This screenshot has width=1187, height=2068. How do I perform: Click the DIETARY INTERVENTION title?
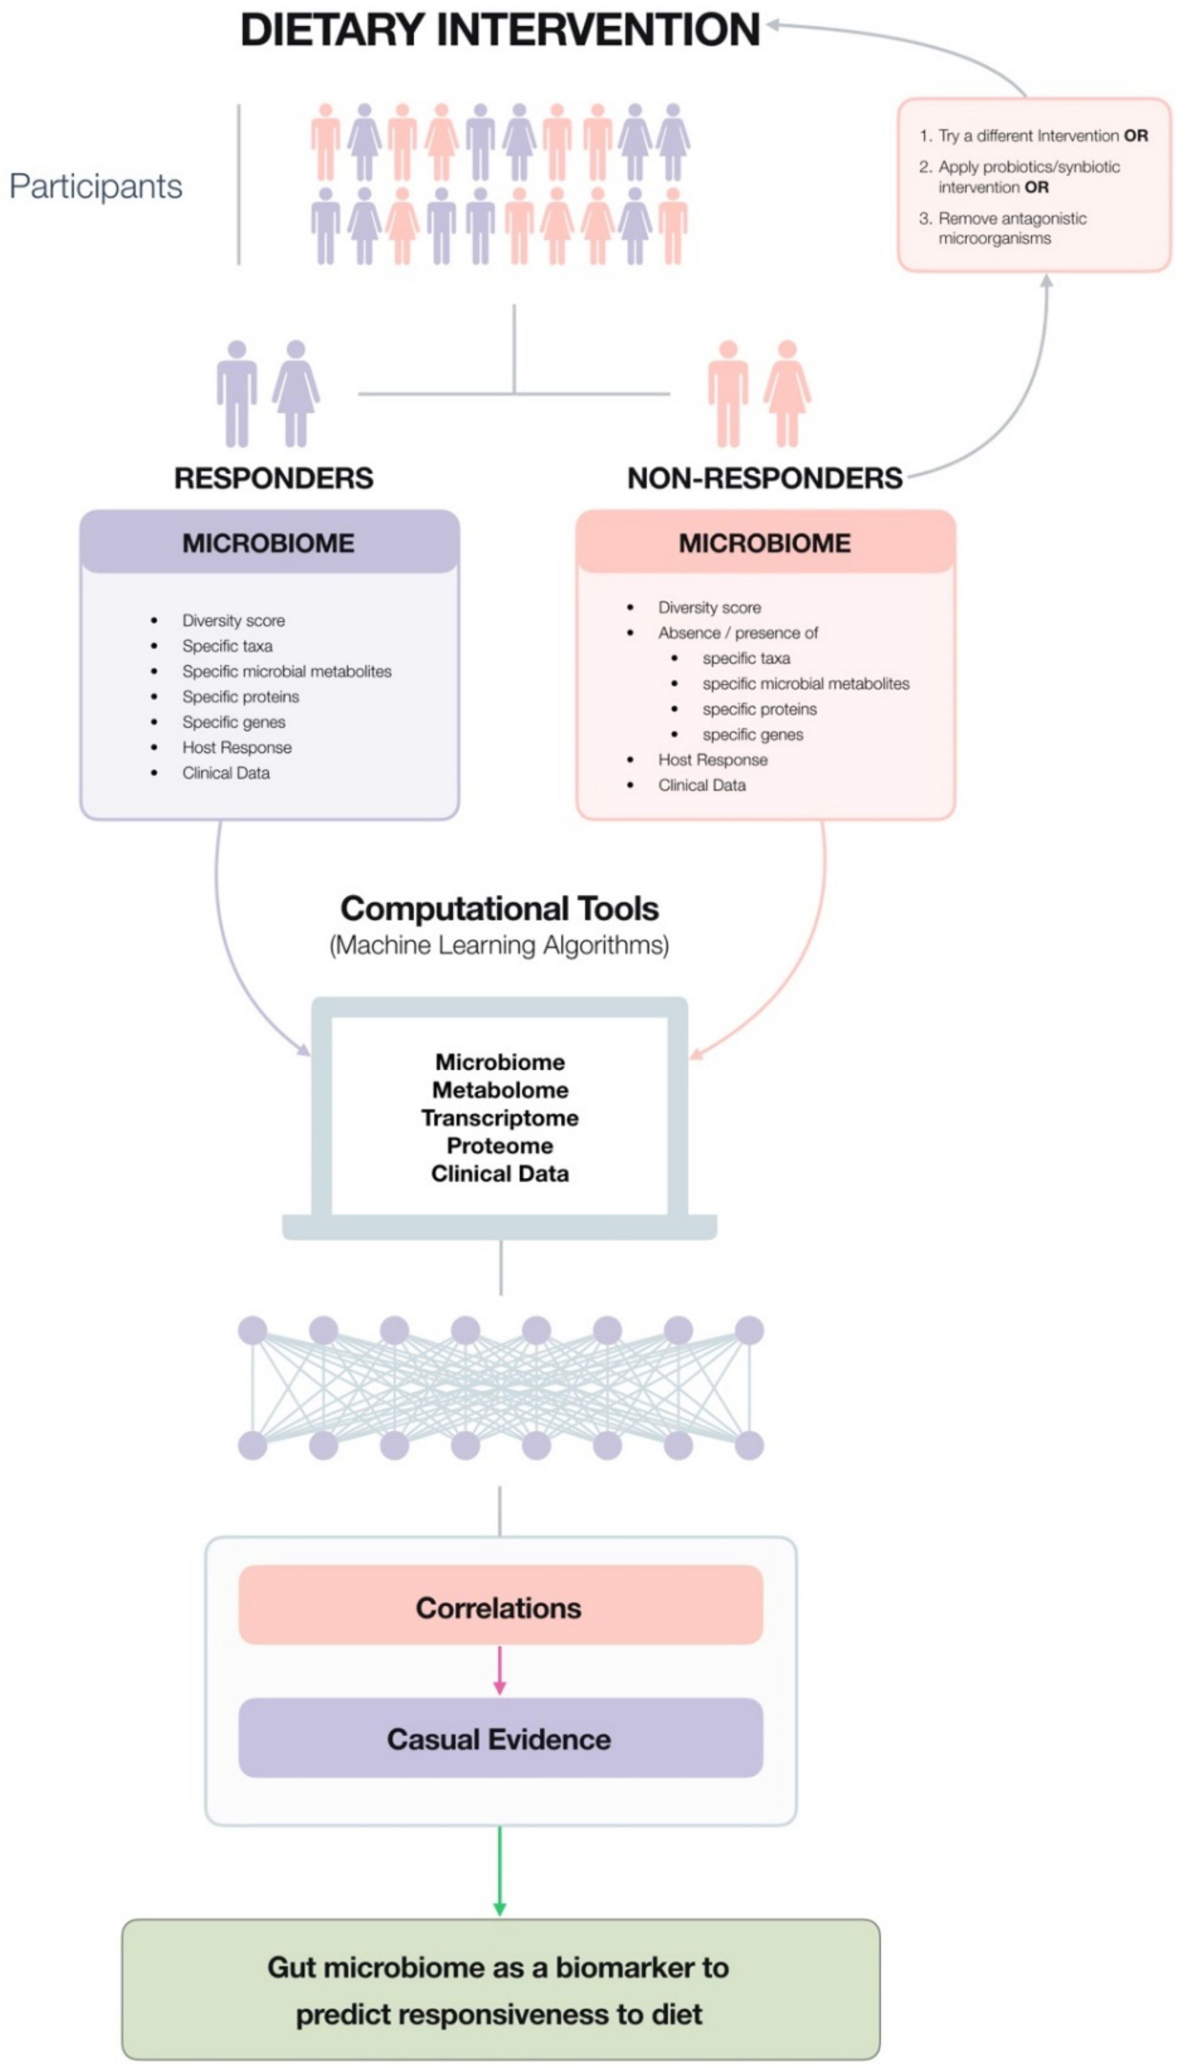coord(499,30)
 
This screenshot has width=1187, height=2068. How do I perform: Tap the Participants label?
coord(96,187)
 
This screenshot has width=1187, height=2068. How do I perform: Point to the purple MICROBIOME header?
coord(269,543)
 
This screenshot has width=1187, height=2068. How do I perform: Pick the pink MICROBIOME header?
coord(765,543)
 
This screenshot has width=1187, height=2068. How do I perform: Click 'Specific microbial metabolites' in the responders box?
coord(286,671)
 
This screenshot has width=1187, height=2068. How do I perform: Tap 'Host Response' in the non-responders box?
coord(712,760)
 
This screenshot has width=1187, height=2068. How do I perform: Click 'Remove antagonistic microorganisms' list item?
coord(1011,228)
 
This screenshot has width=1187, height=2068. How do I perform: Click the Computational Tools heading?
coord(499,908)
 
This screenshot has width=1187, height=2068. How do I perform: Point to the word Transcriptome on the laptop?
coord(500,1117)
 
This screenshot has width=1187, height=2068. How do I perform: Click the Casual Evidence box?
coord(500,1739)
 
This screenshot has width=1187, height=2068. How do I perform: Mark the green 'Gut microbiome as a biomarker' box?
coord(500,1990)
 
